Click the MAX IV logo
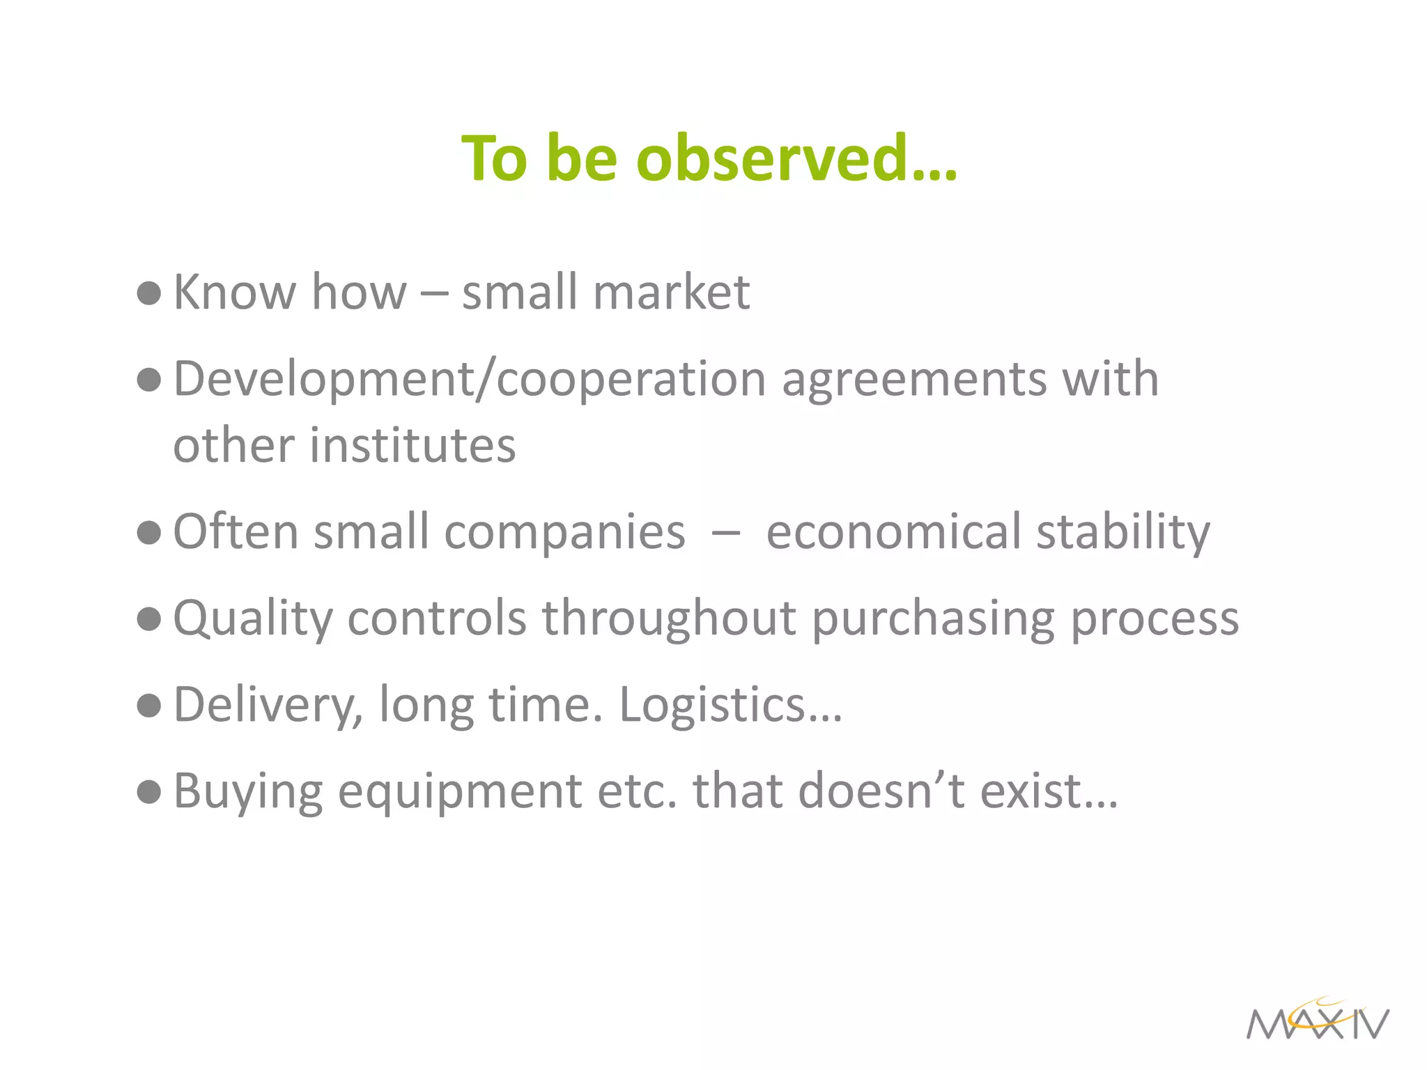tap(1318, 1021)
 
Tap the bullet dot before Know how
tap(149, 293)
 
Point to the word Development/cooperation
tap(470, 380)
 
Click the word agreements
tap(914, 380)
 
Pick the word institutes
tap(412, 446)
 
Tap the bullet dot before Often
tap(149, 533)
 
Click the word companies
tap(564, 533)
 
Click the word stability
tap(1123, 533)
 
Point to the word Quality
tap(253, 619)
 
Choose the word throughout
tap(669, 619)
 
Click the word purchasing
tap(933, 619)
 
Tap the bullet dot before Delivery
tap(149, 706)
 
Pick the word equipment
tap(460, 792)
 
